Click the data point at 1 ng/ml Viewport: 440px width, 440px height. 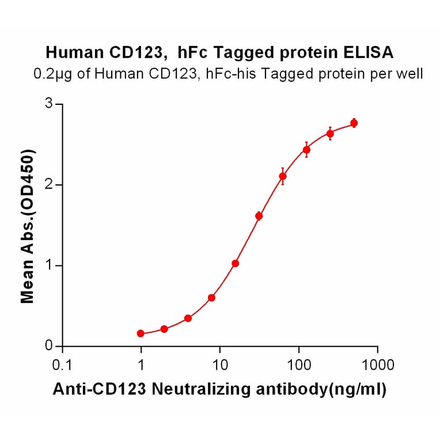click(x=141, y=333)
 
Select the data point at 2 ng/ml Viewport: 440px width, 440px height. click(x=164, y=329)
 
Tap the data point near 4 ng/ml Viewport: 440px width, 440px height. click(x=188, y=318)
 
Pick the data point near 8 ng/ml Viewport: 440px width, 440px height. click(x=211, y=298)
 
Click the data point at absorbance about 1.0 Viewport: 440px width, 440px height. click(x=235, y=263)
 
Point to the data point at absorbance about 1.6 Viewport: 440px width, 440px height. click(x=259, y=216)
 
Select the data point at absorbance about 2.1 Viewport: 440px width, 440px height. click(x=283, y=176)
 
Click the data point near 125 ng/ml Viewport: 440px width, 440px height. click(x=306, y=150)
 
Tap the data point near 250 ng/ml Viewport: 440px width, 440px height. click(x=330, y=134)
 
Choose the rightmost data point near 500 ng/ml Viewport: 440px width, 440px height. click(x=354, y=123)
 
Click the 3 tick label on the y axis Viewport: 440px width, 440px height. click(x=50, y=104)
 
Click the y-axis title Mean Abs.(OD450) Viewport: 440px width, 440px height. click(x=26, y=226)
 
